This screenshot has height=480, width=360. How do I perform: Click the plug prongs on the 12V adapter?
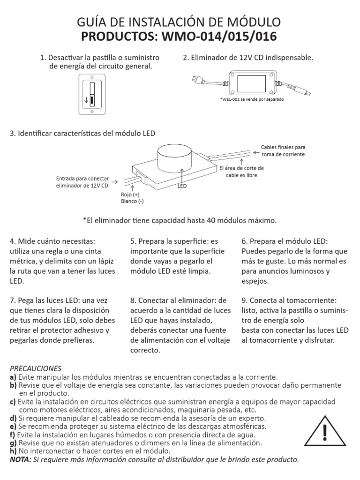pyautogui.click(x=194, y=80)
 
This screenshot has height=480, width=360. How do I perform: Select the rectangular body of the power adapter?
pyautogui.click(x=252, y=83)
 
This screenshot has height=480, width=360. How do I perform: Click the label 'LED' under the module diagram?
pyautogui.click(x=182, y=186)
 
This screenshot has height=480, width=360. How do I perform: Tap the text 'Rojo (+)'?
pyautogui.click(x=130, y=195)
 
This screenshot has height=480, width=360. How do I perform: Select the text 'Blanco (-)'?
pyautogui.click(x=132, y=202)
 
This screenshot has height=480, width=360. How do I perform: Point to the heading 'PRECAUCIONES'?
pyautogui.click(x=36, y=368)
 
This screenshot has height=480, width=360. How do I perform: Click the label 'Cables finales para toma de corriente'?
pyautogui.click(x=283, y=150)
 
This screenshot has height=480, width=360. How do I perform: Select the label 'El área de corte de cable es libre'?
pyautogui.click(x=241, y=172)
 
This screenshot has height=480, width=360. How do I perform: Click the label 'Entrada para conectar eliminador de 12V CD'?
pyautogui.click(x=82, y=182)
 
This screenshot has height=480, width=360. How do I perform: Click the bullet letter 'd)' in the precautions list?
pyautogui.click(x=13, y=418)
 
